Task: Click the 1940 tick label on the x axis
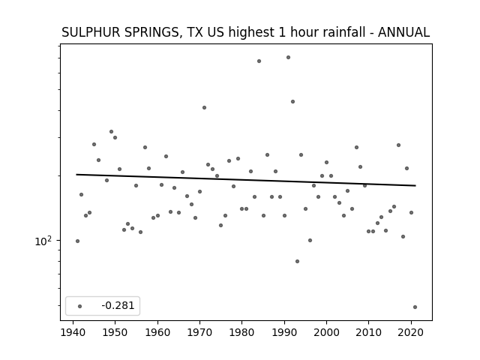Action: pos(73,332)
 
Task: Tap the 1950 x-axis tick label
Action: pos(115,332)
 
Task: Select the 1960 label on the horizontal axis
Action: pos(157,332)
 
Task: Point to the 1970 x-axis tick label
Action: pos(199,332)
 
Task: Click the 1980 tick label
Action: pos(241,332)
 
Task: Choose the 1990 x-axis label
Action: pos(284,332)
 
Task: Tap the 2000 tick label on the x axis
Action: pos(326,332)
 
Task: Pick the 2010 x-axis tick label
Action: pos(368,332)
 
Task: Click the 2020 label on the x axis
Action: pos(411,332)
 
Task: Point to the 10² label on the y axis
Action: pos(43,241)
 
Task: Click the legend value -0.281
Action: pos(118,305)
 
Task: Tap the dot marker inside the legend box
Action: pos(80,306)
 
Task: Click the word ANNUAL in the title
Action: pos(403,32)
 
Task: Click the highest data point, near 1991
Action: pos(288,57)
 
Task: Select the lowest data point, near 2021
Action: pos(415,307)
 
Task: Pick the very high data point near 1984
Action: pos(259,61)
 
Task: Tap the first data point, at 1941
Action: pos(77,241)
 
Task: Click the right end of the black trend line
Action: pos(415,185)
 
